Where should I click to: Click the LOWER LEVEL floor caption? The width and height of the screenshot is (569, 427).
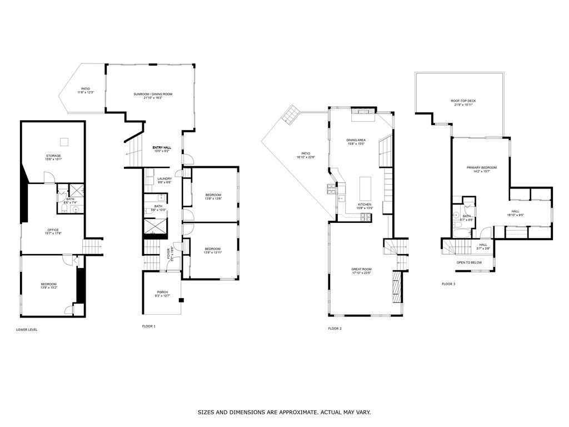[x=27, y=330]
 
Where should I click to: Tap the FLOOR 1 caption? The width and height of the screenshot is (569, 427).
[x=149, y=326]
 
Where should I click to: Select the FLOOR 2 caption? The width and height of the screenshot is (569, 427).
[x=335, y=329]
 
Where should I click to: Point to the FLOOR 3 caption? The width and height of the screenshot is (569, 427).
[x=448, y=284]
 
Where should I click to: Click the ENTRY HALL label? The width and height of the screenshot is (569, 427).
[x=163, y=148]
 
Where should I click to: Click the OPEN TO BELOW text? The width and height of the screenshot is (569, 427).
[x=469, y=262]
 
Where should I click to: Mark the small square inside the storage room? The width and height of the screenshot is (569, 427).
[x=64, y=141]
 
